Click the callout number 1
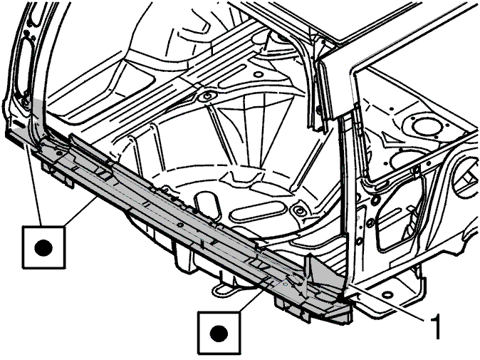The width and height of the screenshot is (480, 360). click(x=435, y=326)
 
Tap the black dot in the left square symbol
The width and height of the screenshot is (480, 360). click(x=43, y=247)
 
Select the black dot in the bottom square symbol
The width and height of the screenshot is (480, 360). click(x=219, y=333)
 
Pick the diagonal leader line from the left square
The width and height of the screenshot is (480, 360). click(x=80, y=212)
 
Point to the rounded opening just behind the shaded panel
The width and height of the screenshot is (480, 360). click(x=207, y=203)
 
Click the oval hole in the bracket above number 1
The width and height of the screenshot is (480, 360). click(x=387, y=294)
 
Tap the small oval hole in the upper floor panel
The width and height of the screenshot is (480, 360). click(x=258, y=74)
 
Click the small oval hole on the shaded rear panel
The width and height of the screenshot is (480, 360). click(x=180, y=225)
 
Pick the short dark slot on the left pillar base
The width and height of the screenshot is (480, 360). click(x=19, y=124)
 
